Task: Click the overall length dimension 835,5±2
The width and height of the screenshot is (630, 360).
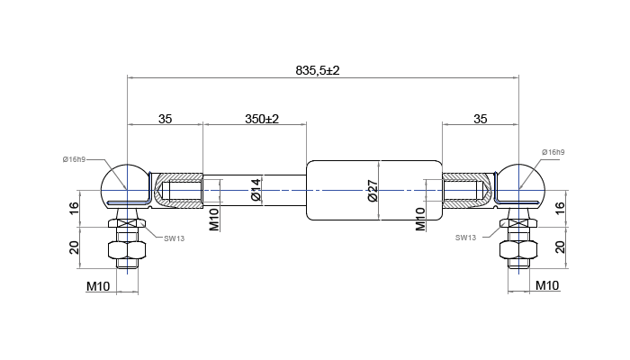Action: (322, 70)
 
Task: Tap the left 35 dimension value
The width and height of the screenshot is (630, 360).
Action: (165, 119)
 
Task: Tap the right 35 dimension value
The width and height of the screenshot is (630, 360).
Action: (481, 119)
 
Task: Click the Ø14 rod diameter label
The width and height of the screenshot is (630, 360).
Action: (255, 189)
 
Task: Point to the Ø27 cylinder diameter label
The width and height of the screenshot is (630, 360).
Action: (373, 191)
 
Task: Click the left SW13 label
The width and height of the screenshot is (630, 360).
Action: (175, 238)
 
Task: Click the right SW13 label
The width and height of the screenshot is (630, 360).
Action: (465, 238)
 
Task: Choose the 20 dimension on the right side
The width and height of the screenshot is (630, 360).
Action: (560, 247)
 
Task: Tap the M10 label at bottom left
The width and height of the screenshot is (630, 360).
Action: (98, 285)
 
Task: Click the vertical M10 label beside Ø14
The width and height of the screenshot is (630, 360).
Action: (214, 218)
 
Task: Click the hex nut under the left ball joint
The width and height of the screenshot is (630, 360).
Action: (126, 249)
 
